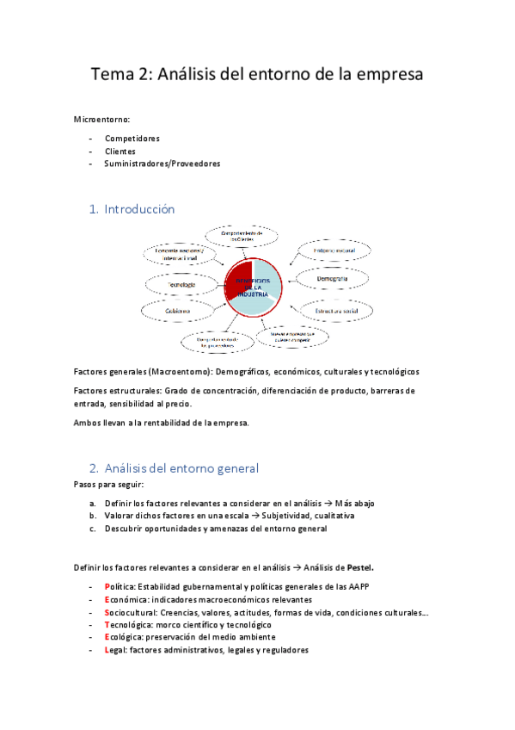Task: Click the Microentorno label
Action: click(x=102, y=120)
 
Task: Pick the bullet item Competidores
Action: click(x=132, y=138)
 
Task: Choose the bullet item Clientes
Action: click(x=120, y=151)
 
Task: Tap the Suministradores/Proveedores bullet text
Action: click(x=162, y=164)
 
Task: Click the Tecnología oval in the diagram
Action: click(x=181, y=284)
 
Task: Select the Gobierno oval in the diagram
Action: click(x=180, y=312)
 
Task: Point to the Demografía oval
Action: click(x=332, y=280)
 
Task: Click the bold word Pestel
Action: click(x=359, y=567)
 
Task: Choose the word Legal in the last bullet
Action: click(x=113, y=651)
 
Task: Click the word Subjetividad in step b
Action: click(x=288, y=516)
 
